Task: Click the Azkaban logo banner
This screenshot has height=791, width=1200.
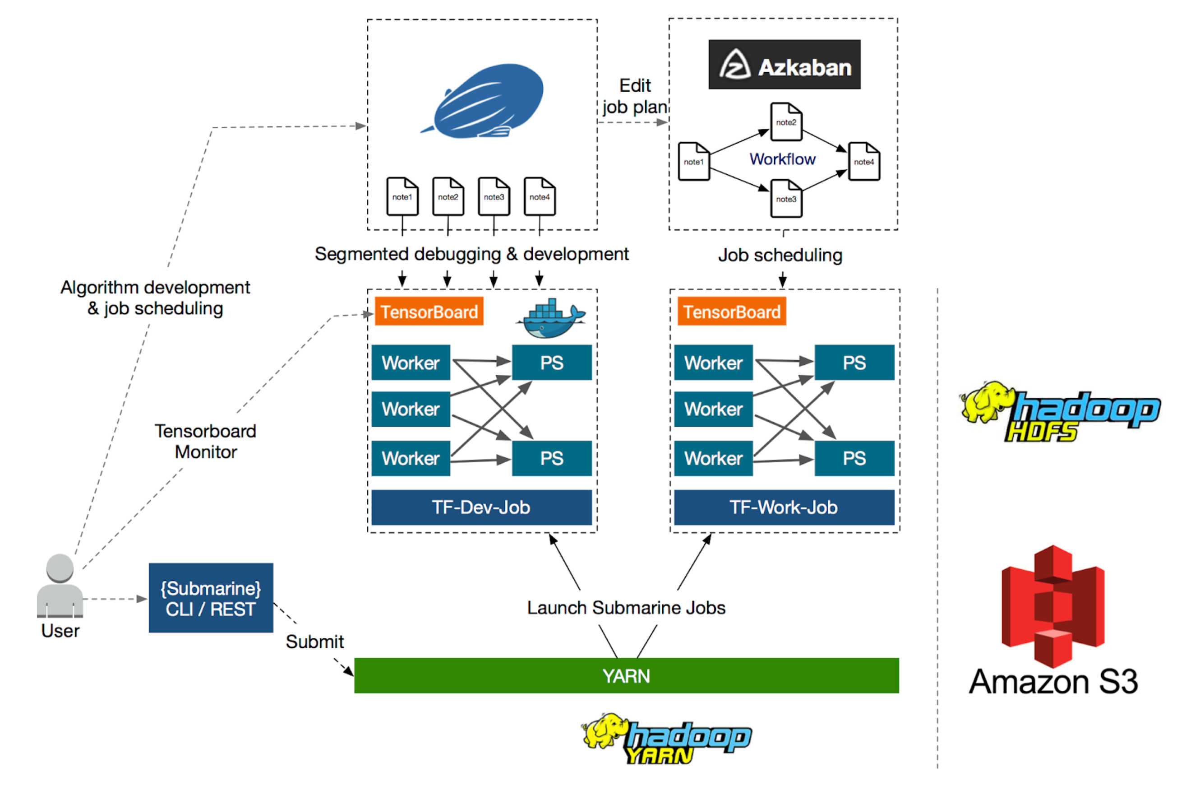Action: [x=784, y=65]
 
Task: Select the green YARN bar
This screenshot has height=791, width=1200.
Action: [x=626, y=675]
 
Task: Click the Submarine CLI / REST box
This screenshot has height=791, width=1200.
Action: [x=211, y=598]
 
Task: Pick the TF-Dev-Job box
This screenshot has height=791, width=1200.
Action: [x=481, y=507]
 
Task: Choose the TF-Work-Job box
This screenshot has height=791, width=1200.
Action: [x=784, y=507]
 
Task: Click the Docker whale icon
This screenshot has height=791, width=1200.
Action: [x=550, y=319]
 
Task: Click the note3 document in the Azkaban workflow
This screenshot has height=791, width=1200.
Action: [x=786, y=199]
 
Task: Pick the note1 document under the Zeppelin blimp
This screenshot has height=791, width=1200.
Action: [x=402, y=197]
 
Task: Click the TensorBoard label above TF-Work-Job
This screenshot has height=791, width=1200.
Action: [x=732, y=312]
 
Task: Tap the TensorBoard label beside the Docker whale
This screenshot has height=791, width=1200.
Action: [x=429, y=312]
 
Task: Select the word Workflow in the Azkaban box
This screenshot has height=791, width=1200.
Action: [x=782, y=159]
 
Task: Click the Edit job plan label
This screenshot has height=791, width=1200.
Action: [x=635, y=96]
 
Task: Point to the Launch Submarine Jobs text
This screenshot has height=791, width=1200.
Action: [x=626, y=608]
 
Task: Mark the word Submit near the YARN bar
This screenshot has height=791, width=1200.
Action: [x=314, y=642]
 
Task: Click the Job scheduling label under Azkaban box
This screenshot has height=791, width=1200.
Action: [x=780, y=255]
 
